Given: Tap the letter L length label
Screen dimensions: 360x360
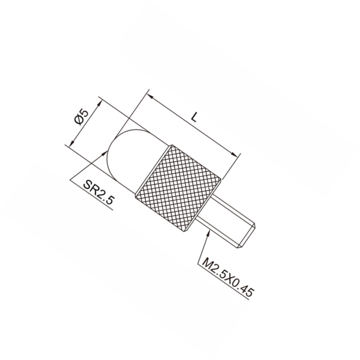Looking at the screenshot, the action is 194,117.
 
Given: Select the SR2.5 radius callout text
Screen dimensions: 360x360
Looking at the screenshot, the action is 98,192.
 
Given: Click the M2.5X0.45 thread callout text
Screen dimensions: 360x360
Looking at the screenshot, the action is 228,277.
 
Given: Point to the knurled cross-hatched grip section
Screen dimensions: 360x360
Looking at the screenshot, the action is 178,188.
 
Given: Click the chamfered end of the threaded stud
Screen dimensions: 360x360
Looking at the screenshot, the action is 247,237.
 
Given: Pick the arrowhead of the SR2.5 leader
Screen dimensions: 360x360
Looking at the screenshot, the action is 104,153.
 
